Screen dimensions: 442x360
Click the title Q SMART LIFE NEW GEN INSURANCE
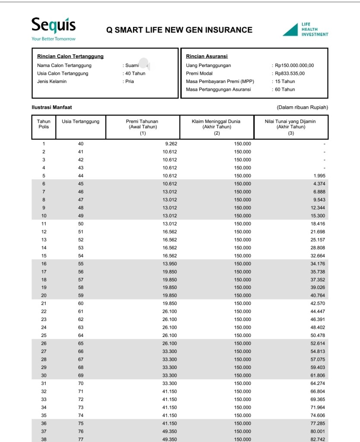pyautogui.click(x=179, y=30)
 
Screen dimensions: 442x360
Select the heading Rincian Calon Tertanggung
pyautogui.click(x=70, y=56)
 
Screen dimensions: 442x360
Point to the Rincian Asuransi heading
pyautogui.click(x=207, y=56)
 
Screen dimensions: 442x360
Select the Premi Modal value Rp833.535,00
pyautogui.click(x=290, y=73)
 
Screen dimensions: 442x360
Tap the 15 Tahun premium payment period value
pyautogui.click(x=285, y=82)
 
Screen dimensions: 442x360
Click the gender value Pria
pyautogui.click(x=129, y=82)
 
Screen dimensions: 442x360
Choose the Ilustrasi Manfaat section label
pyautogui.click(x=49, y=107)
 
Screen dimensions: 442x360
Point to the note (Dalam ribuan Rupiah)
pyautogui.click(x=302, y=107)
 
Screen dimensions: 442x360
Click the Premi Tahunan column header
pyautogui.click(x=142, y=127)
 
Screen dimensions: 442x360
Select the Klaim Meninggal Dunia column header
pyautogui.click(x=217, y=127)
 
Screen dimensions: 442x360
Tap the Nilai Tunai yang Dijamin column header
pyautogui.click(x=291, y=127)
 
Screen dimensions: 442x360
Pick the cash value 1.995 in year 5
pyautogui.click(x=319, y=176)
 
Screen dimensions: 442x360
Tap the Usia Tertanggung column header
pyautogui.click(x=81, y=122)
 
